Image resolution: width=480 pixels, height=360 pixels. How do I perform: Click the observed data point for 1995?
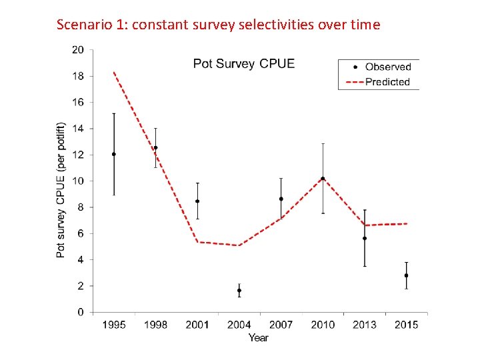tap(114, 154)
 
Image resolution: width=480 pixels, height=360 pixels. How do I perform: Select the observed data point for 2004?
tap(239, 291)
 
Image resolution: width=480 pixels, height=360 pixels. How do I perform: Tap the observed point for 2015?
tap(406, 275)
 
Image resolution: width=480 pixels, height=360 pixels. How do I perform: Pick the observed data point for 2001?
tap(197, 201)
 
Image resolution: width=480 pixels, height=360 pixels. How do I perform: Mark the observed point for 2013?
tap(365, 238)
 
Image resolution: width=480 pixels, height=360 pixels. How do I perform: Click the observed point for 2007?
tap(281, 199)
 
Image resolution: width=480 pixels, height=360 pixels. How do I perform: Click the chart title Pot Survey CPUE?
tap(243, 64)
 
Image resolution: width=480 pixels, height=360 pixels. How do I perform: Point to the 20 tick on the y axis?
tap(78, 50)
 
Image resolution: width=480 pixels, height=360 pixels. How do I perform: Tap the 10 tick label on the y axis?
tap(78, 181)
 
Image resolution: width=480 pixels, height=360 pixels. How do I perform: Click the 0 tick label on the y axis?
tap(81, 312)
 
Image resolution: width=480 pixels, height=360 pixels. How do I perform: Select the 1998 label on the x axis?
tap(155, 325)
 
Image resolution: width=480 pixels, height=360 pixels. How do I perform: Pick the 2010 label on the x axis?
tap(323, 325)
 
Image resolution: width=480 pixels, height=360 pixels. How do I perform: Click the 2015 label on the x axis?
tap(406, 325)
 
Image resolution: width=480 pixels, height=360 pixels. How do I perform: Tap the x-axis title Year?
tap(259, 338)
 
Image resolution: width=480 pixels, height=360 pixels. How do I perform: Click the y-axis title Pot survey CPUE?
tap(61, 190)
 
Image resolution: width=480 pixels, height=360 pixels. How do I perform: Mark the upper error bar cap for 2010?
tap(323, 143)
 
